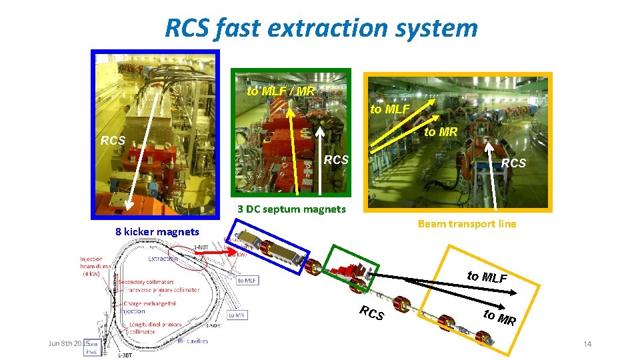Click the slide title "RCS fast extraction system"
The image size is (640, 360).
tap(321, 28)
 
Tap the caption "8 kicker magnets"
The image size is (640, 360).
tap(157, 232)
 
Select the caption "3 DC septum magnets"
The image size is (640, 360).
tap(292, 209)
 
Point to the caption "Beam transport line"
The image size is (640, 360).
tap(467, 224)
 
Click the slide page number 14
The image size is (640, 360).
tap(587, 344)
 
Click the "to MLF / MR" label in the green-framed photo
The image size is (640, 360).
tap(281, 91)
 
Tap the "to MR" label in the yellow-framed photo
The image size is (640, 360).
tap(441, 132)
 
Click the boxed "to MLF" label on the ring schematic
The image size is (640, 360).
tap(247, 281)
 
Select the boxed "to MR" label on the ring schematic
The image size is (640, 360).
tap(237, 315)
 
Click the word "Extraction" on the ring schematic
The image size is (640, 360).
tap(163, 258)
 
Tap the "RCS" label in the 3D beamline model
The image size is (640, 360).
tap(371, 312)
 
